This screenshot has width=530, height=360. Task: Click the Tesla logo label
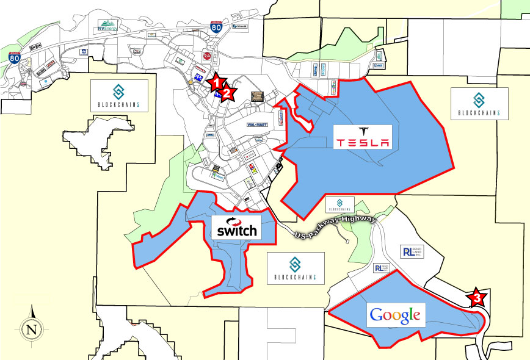[x=363, y=137]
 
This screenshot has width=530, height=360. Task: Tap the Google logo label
[x=395, y=315]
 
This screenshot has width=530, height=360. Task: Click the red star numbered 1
[x=217, y=81]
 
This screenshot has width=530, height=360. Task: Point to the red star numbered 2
[x=228, y=93]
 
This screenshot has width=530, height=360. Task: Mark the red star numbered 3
[x=477, y=298]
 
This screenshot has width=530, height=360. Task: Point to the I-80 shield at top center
[x=216, y=26]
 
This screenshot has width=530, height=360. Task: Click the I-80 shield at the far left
[x=14, y=59]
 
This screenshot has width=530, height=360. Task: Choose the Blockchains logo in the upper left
[x=119, y=95]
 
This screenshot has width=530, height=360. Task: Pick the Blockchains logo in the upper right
[x=478, y=104]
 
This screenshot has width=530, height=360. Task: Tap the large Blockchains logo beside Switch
[x=295, y=268]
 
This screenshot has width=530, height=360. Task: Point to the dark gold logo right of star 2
[x=256, y=96]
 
